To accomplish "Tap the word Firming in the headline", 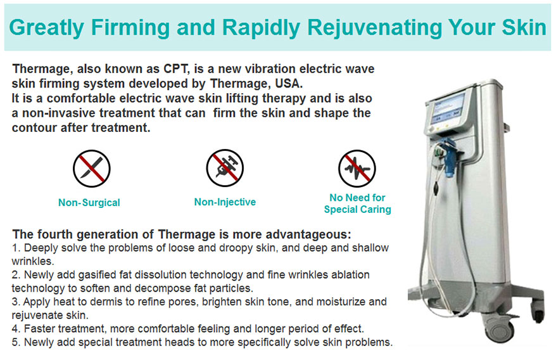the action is pos(130,28).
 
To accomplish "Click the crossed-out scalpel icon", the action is pos(92,169).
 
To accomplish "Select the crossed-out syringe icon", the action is pos(225,168).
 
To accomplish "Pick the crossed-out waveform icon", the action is pos(357,169).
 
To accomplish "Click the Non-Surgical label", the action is pos(89,203).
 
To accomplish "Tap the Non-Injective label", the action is pos(225,202).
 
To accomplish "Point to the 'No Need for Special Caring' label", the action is pos(357,203).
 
